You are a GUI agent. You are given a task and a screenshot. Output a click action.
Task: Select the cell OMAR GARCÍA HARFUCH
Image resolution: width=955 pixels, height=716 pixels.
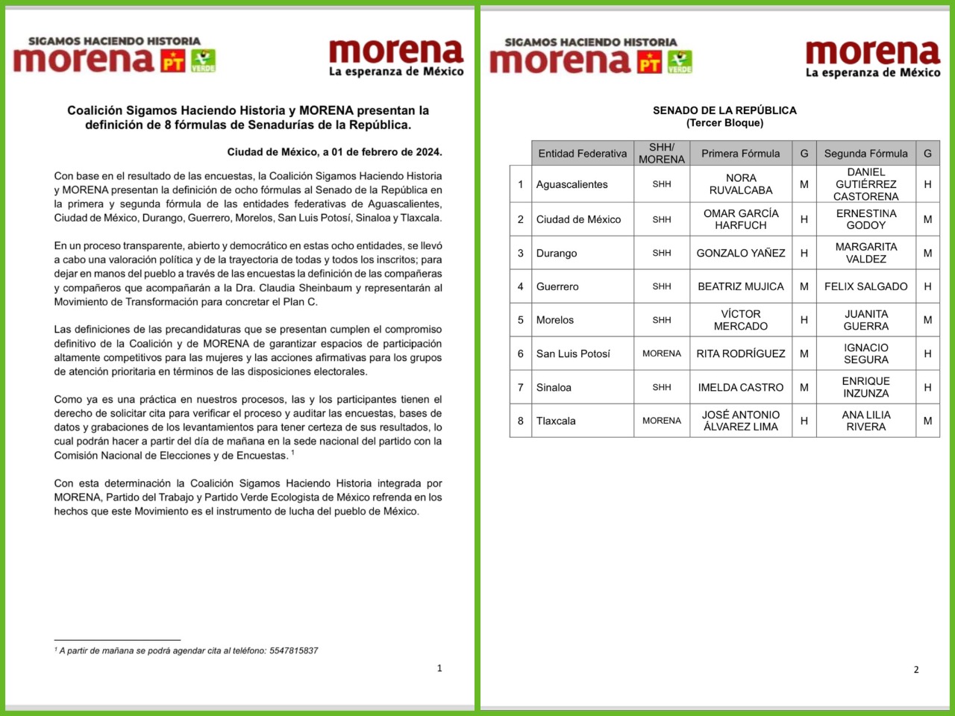click(741, 219)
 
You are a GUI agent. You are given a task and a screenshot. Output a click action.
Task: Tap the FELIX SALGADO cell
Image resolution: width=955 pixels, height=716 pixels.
click(865, 286)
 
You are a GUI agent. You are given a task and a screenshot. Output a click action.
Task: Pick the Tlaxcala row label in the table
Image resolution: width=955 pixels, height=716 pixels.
click(556, 421)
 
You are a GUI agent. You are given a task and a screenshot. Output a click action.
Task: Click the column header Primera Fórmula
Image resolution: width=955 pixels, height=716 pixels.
click(740, 154)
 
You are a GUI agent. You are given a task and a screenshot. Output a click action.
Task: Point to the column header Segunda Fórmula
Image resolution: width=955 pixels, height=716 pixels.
click(865, 154)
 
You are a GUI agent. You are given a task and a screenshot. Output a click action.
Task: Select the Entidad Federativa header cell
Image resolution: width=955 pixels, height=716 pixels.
click(583, 154)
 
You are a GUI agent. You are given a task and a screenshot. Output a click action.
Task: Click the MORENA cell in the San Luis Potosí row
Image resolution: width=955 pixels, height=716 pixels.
click(662, 354)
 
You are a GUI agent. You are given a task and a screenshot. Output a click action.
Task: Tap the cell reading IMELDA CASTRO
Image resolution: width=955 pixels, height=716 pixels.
click(741, 387)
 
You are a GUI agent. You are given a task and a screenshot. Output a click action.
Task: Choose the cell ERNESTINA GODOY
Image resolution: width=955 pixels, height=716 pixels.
click(865, 219)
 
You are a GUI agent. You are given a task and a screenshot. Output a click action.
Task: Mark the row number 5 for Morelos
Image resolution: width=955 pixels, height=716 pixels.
click(521, 320)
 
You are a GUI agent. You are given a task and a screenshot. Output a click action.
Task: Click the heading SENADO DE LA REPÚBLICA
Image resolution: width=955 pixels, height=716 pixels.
click(724, 110)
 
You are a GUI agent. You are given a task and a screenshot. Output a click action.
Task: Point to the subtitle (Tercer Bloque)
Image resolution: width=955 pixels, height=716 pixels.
click(724, 123)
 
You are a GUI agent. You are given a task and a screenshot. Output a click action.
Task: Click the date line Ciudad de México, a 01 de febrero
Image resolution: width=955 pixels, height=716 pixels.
click(334, 151)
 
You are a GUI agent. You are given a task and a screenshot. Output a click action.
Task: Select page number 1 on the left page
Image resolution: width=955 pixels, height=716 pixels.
click(439, 668)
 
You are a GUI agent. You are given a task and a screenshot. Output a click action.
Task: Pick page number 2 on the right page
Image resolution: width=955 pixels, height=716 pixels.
click(916, 670)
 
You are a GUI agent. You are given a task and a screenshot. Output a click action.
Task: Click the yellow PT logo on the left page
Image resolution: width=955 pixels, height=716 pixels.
click(174, 61)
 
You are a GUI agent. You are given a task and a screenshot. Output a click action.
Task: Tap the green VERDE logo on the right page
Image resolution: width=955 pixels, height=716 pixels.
click(680, 62)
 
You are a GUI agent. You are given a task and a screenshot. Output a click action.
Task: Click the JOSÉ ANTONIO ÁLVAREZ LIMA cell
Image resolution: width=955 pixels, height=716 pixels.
click(741, 421)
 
